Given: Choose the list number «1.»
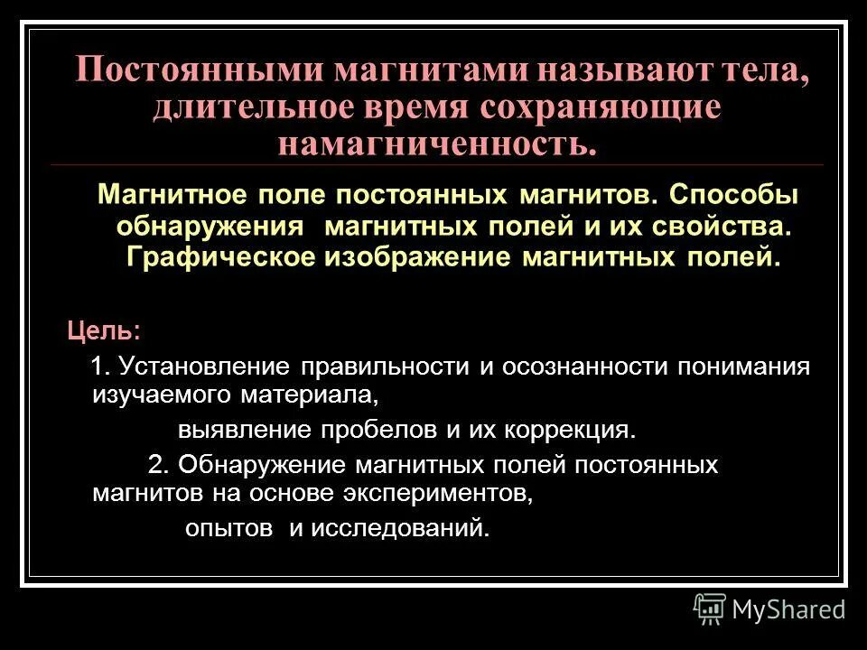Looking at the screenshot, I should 102,366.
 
